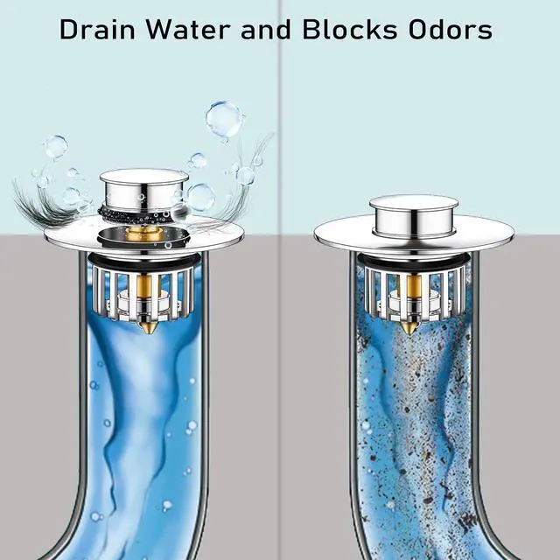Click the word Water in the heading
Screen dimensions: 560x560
(188, 29)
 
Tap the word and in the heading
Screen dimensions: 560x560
(266, 29)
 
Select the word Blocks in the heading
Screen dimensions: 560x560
(350, 29)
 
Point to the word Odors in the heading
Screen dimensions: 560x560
(451, 29)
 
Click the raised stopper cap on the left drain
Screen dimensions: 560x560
(143, 189)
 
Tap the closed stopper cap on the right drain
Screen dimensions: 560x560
(414, 215)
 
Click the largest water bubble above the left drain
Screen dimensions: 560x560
(224, 119)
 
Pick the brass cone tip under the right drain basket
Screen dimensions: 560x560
(409, 328)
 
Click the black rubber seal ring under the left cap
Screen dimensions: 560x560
(143, 214)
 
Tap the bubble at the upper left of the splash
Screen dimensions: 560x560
(55, 147)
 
